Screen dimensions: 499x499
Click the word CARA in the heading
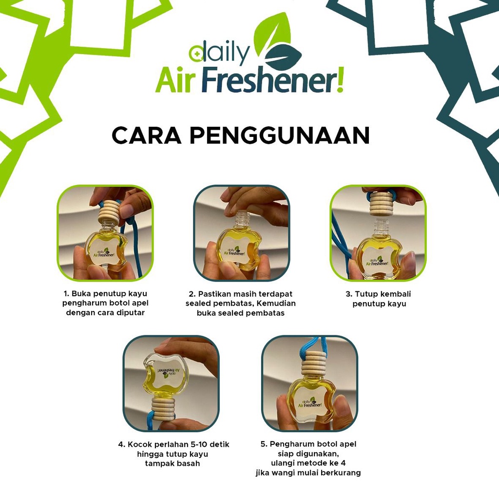(147, 135)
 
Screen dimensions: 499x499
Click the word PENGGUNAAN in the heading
(280, 135)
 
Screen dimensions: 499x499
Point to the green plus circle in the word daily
(196, 54)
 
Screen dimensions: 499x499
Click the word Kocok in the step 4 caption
(139, 444)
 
